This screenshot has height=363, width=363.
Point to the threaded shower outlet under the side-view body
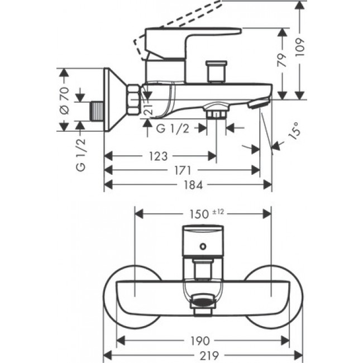tap(216, 113)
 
